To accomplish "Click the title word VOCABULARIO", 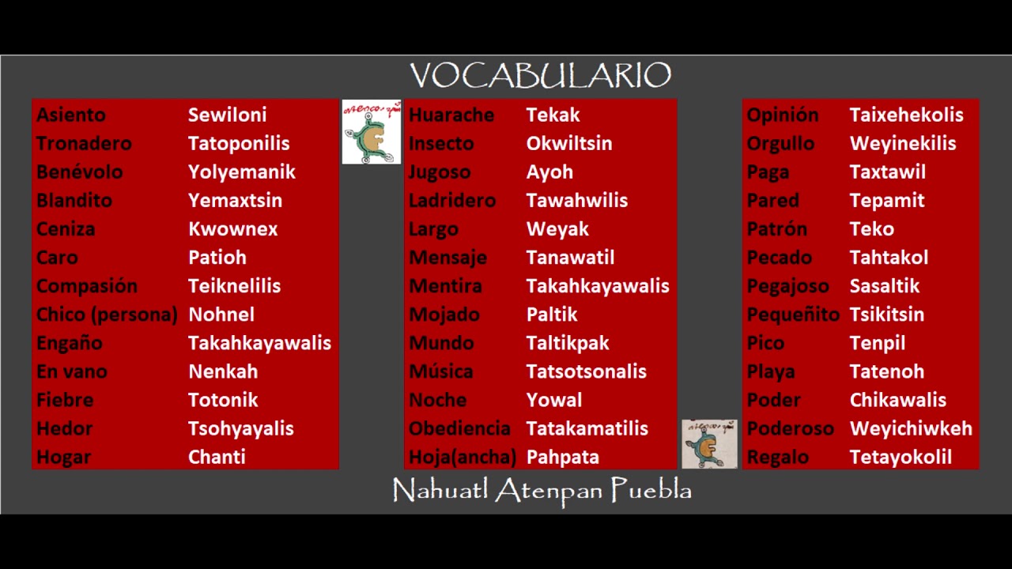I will [541, 76].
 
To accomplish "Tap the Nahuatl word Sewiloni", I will [227, 115].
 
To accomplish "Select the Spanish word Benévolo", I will [79, 171].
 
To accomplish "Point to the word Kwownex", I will [232, 228].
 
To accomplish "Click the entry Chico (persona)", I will [107, 314].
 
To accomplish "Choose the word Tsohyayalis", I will [240, 428].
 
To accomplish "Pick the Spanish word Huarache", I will [451, 115].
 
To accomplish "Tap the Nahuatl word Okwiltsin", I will [568, 143].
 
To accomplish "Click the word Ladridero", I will [451, 200].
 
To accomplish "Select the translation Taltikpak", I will [567, 343].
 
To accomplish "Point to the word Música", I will [440, 371].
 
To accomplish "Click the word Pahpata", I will [562, 457].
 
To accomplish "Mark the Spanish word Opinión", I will [782, 115].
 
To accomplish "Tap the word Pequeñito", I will [792, 314].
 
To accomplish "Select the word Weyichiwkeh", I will [910, 428].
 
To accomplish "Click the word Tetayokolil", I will [900, 457].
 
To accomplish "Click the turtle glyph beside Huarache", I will [371, 132].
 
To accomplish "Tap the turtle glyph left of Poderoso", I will [709, 444].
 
